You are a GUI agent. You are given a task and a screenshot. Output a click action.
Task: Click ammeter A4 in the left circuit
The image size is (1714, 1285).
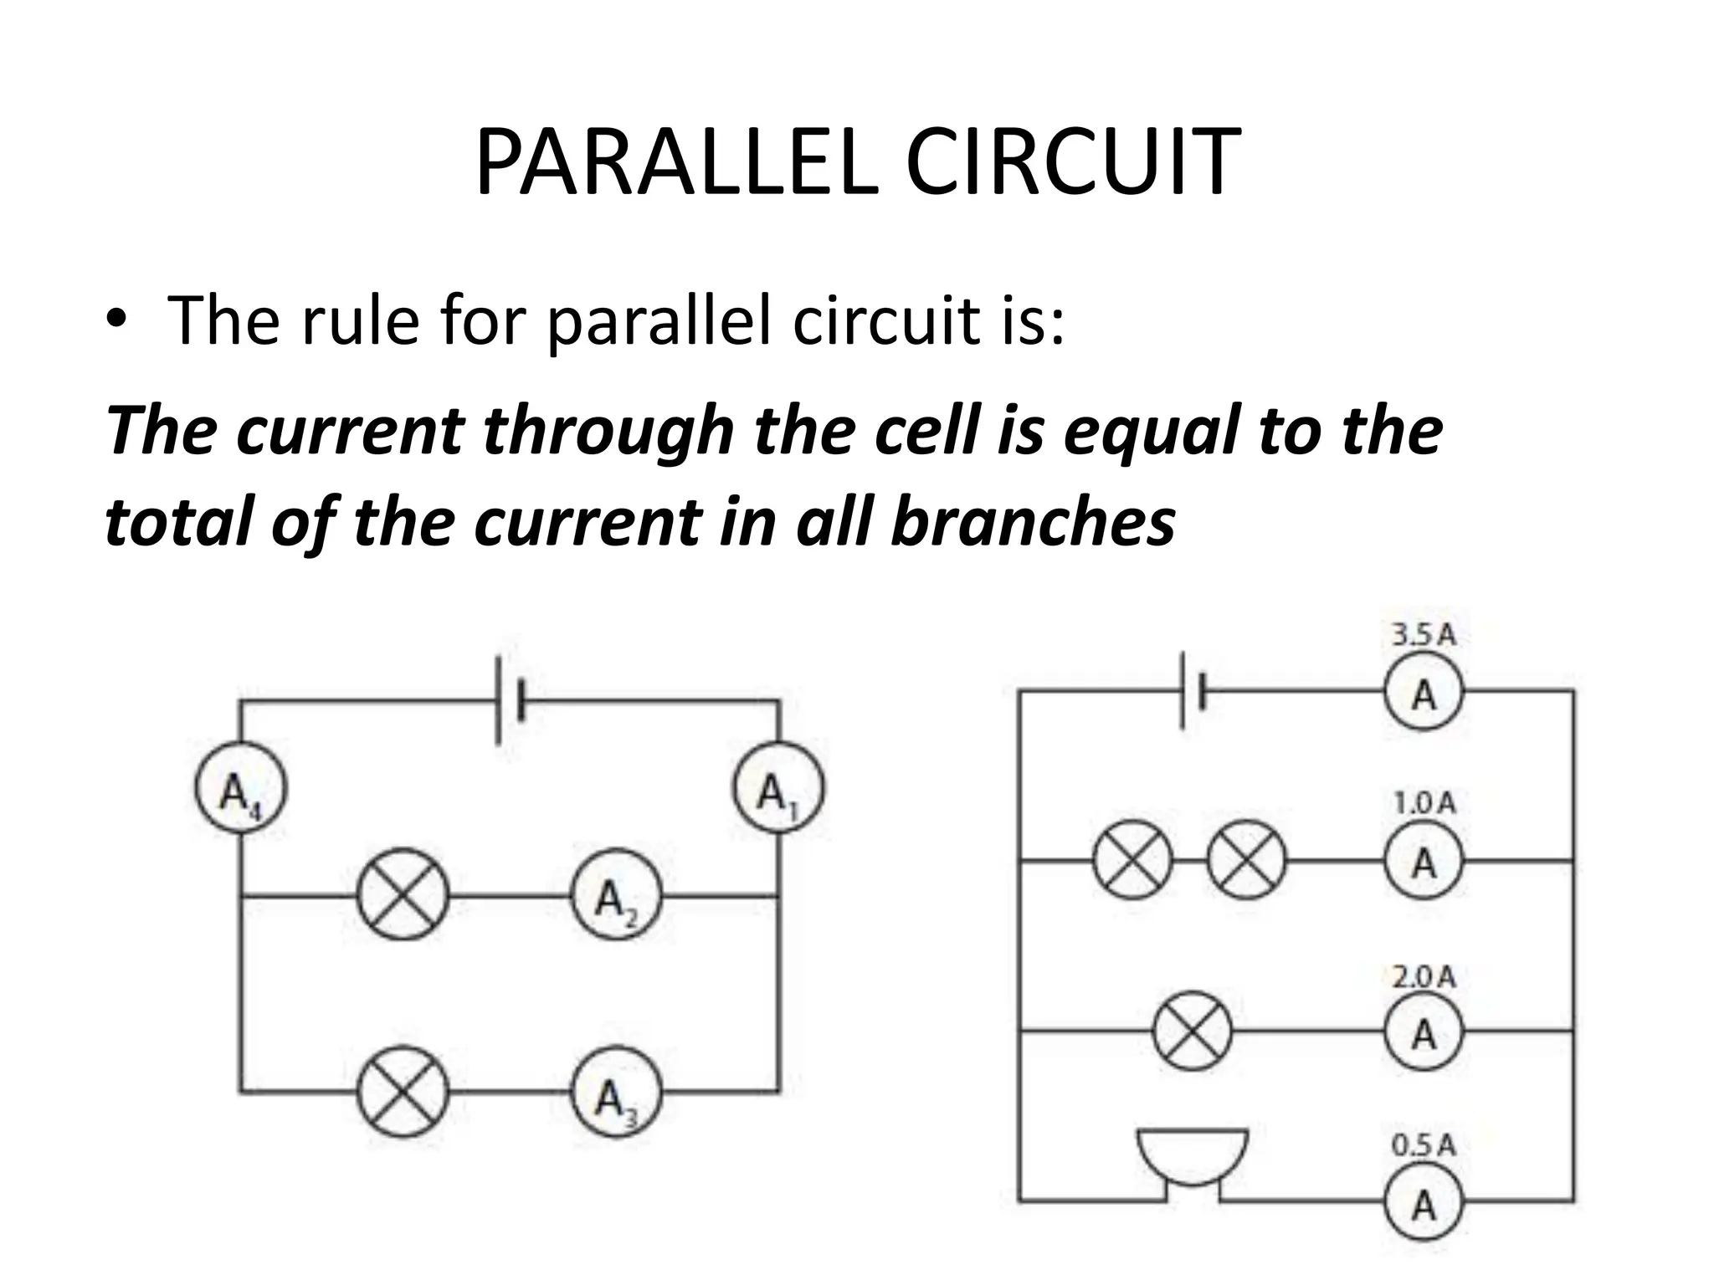(x=241, y=789)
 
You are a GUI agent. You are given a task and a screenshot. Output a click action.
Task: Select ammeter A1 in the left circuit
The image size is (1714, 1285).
(x=778, y=789)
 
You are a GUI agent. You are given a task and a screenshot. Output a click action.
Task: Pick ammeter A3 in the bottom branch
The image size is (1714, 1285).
(x=617, y=1093)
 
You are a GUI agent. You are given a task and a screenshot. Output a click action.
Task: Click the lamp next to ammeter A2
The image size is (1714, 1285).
(x=403, y=895)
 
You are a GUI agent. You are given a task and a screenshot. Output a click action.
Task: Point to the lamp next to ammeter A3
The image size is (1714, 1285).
(x=403, y=1092)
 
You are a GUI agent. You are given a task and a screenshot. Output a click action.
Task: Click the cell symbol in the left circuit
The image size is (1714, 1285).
(x=510, y=701)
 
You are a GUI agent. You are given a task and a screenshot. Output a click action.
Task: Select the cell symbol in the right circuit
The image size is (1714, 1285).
(x=1193, y=691)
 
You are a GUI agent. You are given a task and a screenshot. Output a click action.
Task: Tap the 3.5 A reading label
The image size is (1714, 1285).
(x=1424, y=635)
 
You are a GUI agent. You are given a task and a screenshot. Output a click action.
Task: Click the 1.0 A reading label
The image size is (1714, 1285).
(x=1424, y=804)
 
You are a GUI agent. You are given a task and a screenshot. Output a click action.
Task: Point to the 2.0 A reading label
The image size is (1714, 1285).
(x=1424, y=976)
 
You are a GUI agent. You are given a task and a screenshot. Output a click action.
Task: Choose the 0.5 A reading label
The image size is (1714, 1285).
(x=1424, y=1145)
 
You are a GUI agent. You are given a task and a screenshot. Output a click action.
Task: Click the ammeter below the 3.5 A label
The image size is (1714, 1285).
(x=1424, y=693)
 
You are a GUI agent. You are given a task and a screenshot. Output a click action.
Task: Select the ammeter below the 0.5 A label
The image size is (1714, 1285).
(x=1424, y=1204)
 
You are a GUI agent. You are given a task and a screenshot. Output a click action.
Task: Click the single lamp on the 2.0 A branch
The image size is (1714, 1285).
(x=1193, y=1031)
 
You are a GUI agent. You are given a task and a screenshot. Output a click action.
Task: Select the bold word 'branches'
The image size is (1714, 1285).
(x=1033, y=521)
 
